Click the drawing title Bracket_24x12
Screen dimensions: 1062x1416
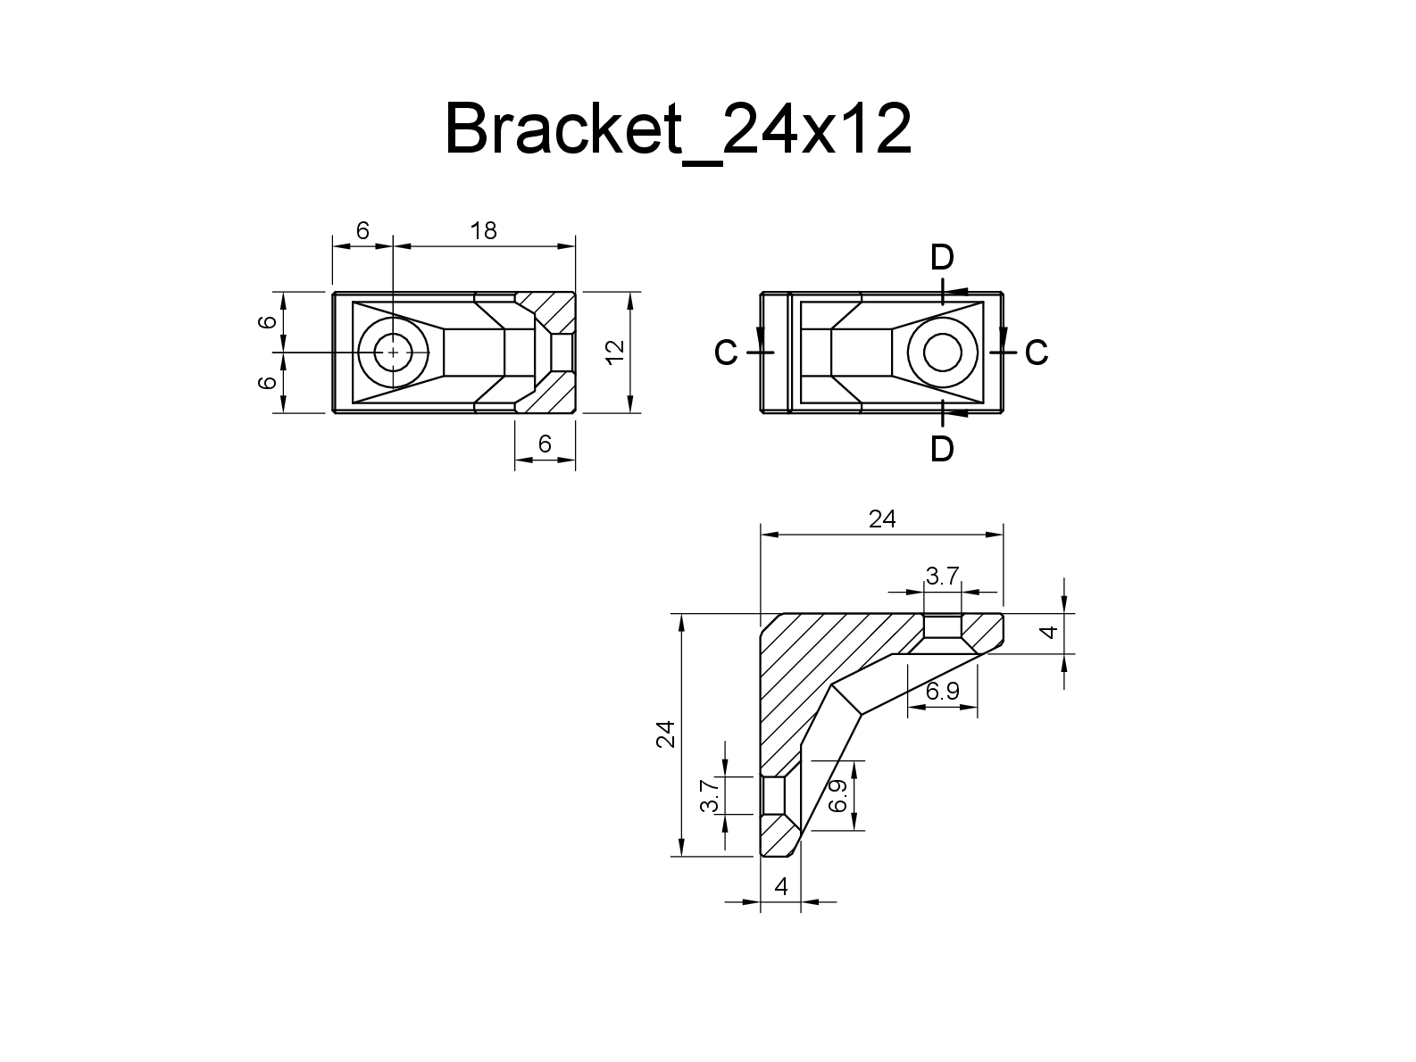(679, 130)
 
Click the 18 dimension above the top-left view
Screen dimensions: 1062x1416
(483, 231)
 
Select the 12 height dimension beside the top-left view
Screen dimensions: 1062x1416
(613, 352)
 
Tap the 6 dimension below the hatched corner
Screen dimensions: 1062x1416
(546, 444)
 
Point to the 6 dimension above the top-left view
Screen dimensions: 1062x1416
(362, 231)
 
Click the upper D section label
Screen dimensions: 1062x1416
(942, 258)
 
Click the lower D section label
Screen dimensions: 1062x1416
(942, 449)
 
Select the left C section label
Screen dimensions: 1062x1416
(726, 353)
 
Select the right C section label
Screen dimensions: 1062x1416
(1036, 353)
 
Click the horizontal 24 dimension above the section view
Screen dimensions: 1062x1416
(881, 519)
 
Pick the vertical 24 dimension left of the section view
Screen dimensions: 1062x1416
(666, 734)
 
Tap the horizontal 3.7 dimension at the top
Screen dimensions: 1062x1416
(942, 577)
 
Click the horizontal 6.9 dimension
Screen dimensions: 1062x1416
(942, 691)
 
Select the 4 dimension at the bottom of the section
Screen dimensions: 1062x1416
(781, 887)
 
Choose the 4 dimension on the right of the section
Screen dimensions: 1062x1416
(1051, 632)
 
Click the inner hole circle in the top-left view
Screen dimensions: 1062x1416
(393, 353)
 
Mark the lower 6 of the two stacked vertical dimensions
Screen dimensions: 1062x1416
(266, 382)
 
